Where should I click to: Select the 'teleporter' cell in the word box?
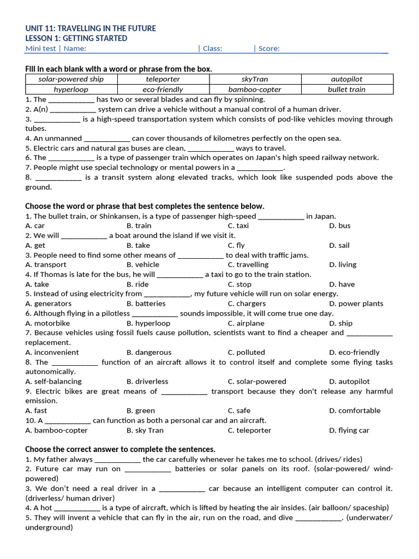(163, 79)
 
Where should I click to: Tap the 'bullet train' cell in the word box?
(346, 89)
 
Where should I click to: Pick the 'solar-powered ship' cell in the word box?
(71, 79)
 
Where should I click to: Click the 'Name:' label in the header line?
(75, 48)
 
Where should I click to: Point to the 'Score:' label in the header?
(269, 48)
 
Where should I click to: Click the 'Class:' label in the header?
(212, 48)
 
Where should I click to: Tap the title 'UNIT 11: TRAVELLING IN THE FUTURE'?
(90, 28)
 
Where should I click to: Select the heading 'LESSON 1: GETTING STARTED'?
(76, 38)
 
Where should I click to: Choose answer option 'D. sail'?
(339, 245)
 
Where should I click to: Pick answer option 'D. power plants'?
(356, 304)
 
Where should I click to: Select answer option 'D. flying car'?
(349, 430)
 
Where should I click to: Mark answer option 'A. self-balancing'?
(53, 382)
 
